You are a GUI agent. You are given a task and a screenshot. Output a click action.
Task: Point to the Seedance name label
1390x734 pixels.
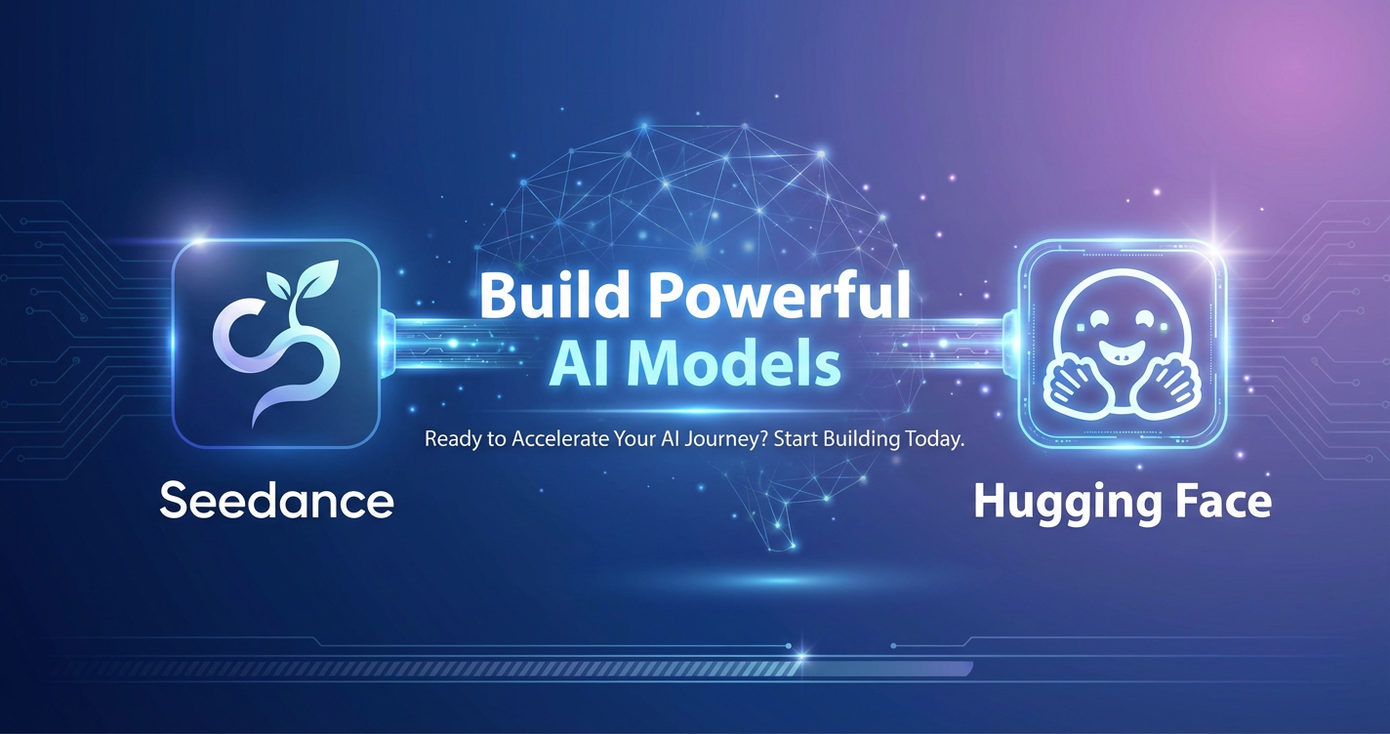[x=277, y=501]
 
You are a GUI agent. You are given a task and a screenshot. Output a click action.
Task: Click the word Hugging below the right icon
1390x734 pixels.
[x=1066, y=504]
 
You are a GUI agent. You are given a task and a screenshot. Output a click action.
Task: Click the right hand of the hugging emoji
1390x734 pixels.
[x=1167, y=387]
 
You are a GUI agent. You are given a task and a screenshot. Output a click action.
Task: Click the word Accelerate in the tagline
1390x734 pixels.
[x=559, y=439]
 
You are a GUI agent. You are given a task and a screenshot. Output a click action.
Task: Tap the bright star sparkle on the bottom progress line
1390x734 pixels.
[x=800, y=655]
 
